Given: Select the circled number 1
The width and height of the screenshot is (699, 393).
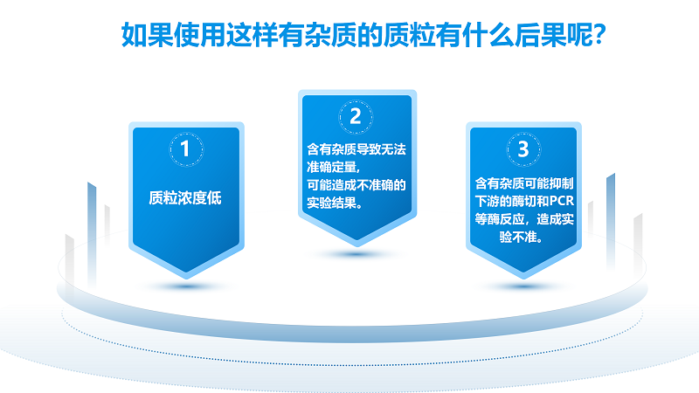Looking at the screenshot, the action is [x=186, y=149].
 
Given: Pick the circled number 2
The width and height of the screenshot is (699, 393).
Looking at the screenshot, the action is [x=356, y=117].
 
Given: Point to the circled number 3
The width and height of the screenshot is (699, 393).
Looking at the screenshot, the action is [x=523, y=149].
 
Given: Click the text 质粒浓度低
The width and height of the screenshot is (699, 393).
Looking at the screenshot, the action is [x=185, y=198].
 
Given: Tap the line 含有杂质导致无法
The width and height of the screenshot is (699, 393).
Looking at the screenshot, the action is [x=356, y=149].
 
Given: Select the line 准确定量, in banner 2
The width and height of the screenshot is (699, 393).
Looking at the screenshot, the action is [x=333, y=167].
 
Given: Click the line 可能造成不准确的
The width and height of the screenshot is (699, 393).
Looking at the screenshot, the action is [x=356, y=185].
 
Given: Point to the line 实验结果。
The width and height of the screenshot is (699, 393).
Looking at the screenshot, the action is [x=335, y=203].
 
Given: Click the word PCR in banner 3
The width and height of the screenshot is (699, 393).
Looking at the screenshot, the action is [x=561, y=201].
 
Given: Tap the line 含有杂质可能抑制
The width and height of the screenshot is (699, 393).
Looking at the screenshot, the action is [x=523, y=183].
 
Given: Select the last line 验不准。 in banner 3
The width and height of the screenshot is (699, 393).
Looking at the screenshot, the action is [x=521, y=237].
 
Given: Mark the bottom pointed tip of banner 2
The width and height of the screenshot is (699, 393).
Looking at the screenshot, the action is [x=356, y=245].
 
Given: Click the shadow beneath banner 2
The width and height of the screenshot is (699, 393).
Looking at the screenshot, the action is [x=356, y=254].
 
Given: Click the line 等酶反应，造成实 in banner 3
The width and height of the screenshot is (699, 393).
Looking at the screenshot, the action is [x=523, y=219].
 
